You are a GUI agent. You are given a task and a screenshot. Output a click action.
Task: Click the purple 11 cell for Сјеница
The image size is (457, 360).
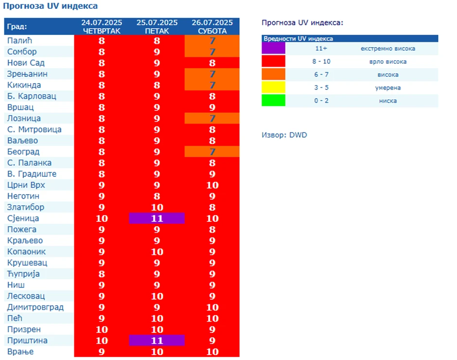click(x=157, y=218)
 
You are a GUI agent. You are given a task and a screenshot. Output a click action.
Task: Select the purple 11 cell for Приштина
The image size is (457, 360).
click(x=157, y=340)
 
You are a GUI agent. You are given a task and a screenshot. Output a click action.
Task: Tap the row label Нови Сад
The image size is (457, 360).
click(x=26, y=63)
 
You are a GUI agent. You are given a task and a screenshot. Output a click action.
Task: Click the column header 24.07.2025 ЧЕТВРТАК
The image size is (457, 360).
click(x=102, y=27)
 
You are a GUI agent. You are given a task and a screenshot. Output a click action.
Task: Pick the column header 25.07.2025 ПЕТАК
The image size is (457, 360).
click(x=157, y=27)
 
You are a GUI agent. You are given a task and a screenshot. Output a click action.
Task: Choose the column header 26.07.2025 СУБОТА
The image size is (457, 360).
click(x=212, y=27)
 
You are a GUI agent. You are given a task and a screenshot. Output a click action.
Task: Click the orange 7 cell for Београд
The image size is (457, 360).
click(x=212, y=152)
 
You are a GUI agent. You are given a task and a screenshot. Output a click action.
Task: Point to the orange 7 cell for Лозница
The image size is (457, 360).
click(x=212, y=118)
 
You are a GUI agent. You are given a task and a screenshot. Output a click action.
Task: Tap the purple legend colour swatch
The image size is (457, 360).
click(x=273, y=48)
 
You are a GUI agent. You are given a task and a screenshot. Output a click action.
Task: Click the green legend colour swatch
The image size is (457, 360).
click(x=273, y=101)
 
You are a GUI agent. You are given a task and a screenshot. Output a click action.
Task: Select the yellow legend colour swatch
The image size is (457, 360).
click(x=273, y=88)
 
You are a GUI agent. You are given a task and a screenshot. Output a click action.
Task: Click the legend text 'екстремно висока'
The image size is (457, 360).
click(x=387, y=49)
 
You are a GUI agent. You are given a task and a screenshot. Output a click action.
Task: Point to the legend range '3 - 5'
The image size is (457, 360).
click(x=321, y=88)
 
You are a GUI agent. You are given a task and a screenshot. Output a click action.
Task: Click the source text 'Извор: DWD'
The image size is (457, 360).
click(x=284, y=135)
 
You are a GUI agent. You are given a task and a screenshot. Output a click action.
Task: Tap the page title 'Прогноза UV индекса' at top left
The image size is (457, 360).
click(x=51, y=6)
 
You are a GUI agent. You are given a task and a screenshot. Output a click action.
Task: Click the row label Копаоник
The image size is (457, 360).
click(x=27, y=252)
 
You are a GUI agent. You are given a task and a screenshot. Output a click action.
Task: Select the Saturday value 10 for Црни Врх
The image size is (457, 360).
click(x=212, y=185)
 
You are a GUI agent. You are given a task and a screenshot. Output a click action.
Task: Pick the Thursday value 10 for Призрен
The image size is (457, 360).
click(x=102, y=329)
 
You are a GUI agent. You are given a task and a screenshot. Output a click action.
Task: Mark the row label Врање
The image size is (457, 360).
click(x=20, y=352)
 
